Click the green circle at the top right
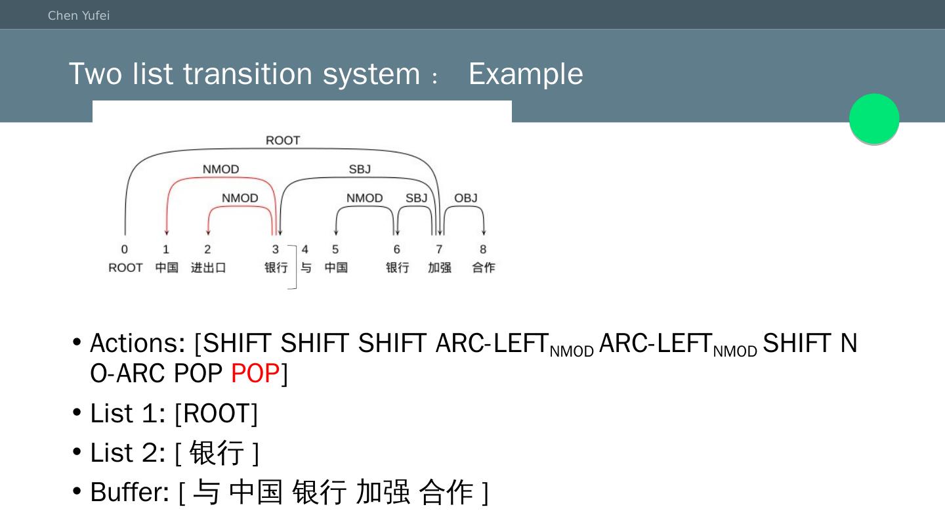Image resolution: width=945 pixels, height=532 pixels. point(874,118)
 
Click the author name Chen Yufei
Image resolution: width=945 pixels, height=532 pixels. point(79,16)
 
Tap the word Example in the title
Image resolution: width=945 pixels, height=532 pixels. point(526,74)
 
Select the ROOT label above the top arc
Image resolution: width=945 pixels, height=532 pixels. point(283,141)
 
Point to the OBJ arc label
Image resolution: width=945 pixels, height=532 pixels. point(466,198)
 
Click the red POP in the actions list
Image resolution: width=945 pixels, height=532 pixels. point(255,373)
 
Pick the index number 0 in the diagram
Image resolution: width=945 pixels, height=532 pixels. point(125,249)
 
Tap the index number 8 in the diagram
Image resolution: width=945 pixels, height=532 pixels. point(483,249)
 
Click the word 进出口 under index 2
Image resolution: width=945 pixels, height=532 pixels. point(209,267)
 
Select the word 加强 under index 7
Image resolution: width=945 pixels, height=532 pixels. point(440,267)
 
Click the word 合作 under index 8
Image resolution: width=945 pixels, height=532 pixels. point(484,267)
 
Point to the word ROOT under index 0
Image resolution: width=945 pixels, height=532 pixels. point(125,267)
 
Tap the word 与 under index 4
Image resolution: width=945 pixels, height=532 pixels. point(306,267)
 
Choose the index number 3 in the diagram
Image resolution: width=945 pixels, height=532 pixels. point(276,249)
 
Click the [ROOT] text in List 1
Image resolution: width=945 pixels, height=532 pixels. point(217,413)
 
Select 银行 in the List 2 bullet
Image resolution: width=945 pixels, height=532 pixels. point(217,453)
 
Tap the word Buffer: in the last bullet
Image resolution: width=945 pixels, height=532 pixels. point(130,492)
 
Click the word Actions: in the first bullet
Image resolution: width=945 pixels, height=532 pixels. point(138,343)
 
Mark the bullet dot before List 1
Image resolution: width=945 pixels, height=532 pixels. point(77,412)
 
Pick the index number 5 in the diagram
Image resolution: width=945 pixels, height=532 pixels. point(335,249)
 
